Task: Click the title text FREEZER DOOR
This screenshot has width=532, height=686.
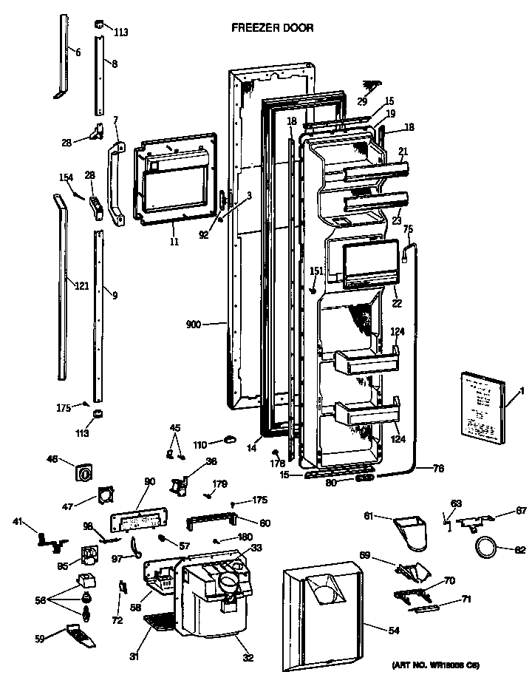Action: pyautogui.click(x=273, y=28)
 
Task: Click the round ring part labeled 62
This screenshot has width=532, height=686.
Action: pyautogui.click(x=484, y=549)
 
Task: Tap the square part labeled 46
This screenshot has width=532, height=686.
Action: pyautogui.click(x=84, y=470)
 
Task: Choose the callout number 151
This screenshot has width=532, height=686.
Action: pyautogui.click(x=316, y=271)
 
